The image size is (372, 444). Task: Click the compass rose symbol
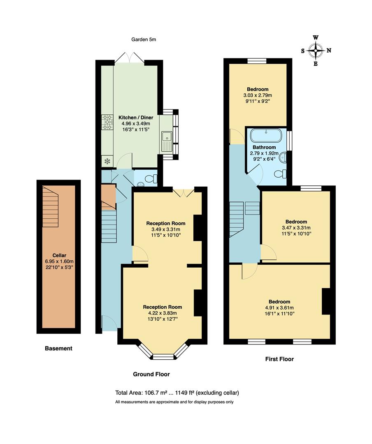[x=316, y=51]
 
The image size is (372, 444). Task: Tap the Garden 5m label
[x=144, y=39]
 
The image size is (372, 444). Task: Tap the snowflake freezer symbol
[x=107, y=161]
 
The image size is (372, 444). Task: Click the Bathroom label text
[x=264, y=147]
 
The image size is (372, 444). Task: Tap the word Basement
[x=58, y=348]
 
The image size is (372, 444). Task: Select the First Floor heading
[x=279, y=359]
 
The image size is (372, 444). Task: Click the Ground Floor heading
[x=151, y=374]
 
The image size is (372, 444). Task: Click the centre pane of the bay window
[x=163, y=357]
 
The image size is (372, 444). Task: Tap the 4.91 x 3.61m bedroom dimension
[x=279, y=308]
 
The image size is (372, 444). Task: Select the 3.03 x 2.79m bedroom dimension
[x=258, y=95]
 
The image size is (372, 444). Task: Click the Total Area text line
[x=177, y=393]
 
